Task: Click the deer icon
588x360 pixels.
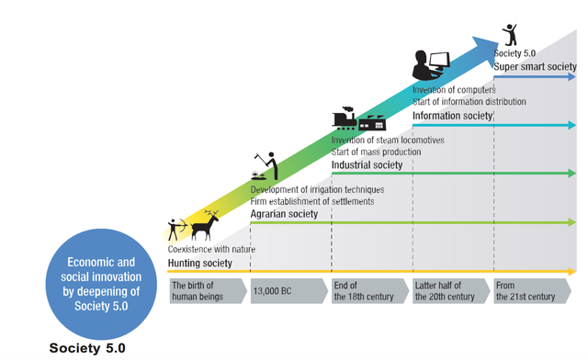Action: pyautogui.click(x=204, y=227)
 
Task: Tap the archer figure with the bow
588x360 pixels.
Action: pyautogui.click(x=177, y=229)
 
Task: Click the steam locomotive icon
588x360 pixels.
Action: pyautogui.click(x=345, y=118)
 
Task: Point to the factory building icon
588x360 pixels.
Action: pyautogui.click(x=372, y=123)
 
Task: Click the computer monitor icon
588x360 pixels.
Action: pyautogui.click(x=439, y=62)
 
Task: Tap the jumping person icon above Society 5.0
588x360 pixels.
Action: pyautogui.click(x=510, y=35)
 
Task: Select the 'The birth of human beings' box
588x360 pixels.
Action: pyautogui.click(x=209, y=291)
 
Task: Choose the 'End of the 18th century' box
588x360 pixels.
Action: pyautogui.click(x=370, y=291)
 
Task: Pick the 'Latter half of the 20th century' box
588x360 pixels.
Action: pyautogui.click(x=451, y=291)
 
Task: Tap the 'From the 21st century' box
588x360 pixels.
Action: pyautogui.click(x=532, y=291)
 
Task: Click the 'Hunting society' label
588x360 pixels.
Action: pyautogui.click(x=200, y=264)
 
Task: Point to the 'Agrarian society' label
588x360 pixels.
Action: pyautogui.click(x=284, y=214)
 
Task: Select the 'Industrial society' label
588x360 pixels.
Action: pyautogui.click(x=367, y=165)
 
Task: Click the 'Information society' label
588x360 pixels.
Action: pyautogui.click(x=453, y=116)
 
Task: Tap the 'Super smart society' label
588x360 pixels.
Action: pyautogui.click(x=535, y=67)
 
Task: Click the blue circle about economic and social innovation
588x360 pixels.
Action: pyautogui.click(x=101, y=285)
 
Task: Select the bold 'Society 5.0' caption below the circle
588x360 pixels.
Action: pyautogui.click(x=87, y=348)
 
